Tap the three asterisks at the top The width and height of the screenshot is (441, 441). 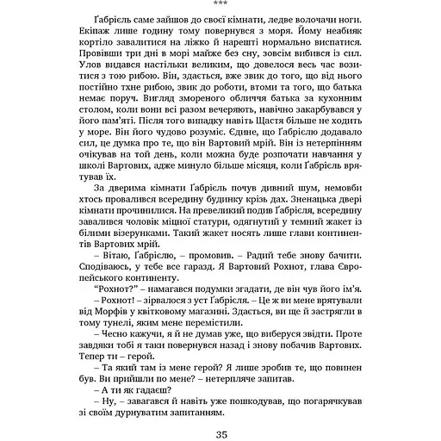[x=220, y=3]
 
